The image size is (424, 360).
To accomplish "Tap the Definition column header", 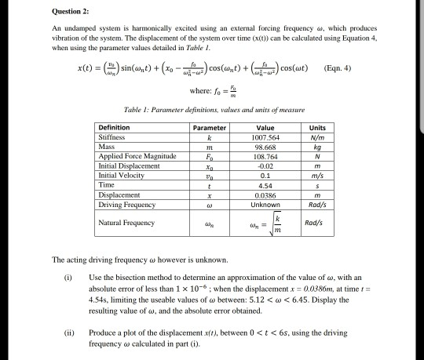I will [x=115, y=127].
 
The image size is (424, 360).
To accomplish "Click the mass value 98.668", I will [x=264, y=147].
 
